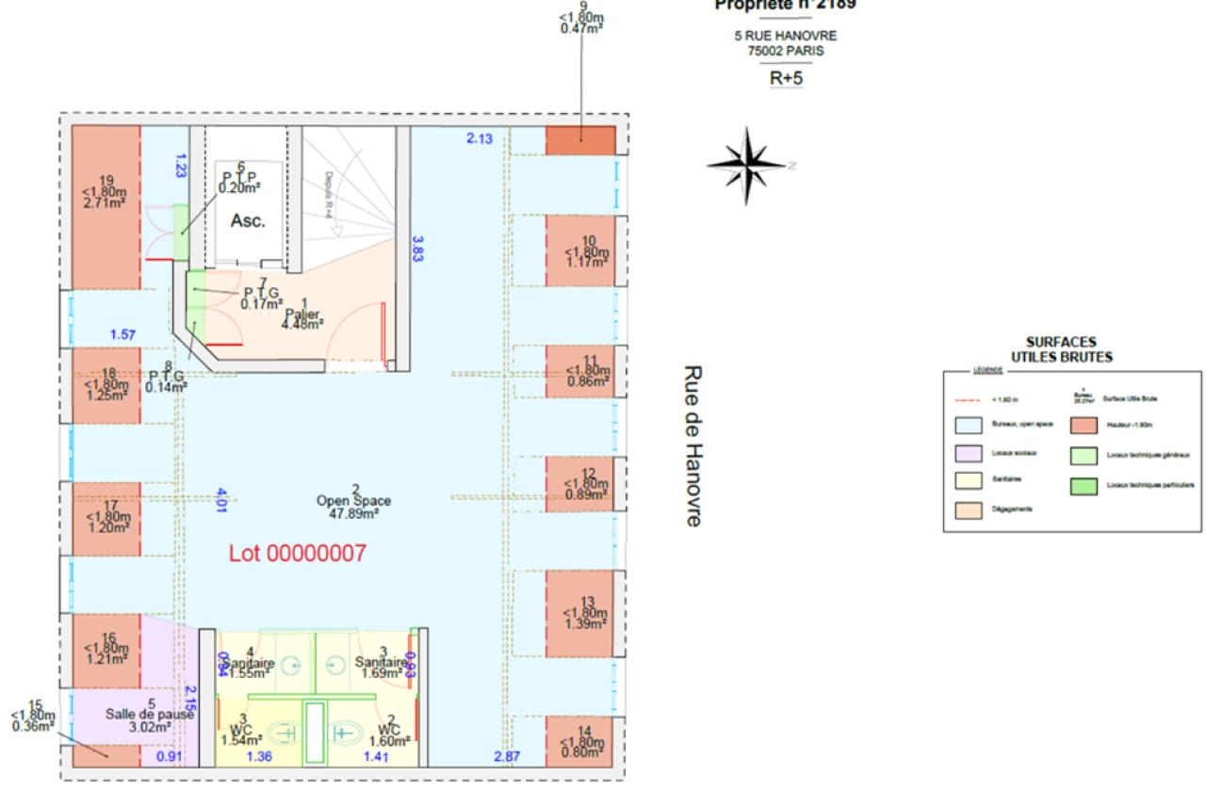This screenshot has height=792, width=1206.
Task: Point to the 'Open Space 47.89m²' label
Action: click(354, 502)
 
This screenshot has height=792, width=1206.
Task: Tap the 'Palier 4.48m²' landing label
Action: click(301, 315)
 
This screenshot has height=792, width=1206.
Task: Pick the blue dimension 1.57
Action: click(122, 334)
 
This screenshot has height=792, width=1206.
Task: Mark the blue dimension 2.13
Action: click(480, 139)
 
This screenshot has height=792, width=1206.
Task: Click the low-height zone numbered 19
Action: click(106, 193)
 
